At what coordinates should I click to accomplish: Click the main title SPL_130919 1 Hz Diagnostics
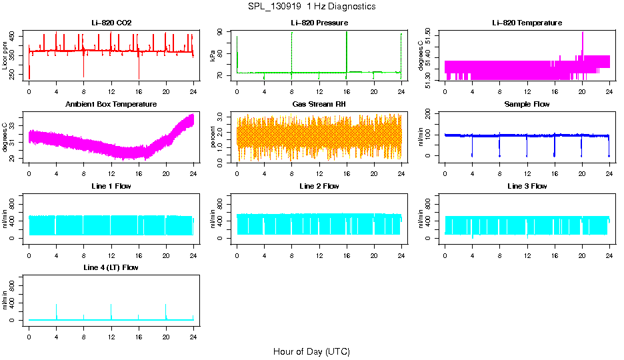click(x=311, y=6)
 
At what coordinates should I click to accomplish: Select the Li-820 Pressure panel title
click(x=319, y=23)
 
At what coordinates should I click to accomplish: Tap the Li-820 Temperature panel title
click(x=527, y=23)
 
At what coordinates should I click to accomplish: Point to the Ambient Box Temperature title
click(x=111, y=104)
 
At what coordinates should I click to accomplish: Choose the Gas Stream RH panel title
click(x=319, y=104)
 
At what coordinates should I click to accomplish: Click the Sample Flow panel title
click(x=527, y=104)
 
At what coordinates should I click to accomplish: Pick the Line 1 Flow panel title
click(x=111, y=186)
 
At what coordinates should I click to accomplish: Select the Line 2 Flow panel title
click(x=319, y=186)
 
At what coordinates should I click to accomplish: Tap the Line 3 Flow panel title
click(x=527, y=186)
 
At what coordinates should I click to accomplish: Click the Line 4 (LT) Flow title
click(x=111, y=267)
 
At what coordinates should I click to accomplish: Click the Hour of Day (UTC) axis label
click(x=311, y=351)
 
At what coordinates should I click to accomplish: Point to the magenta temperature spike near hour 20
click(x=582, y=41)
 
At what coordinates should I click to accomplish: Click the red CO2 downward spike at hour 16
click(x=139, y=70)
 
